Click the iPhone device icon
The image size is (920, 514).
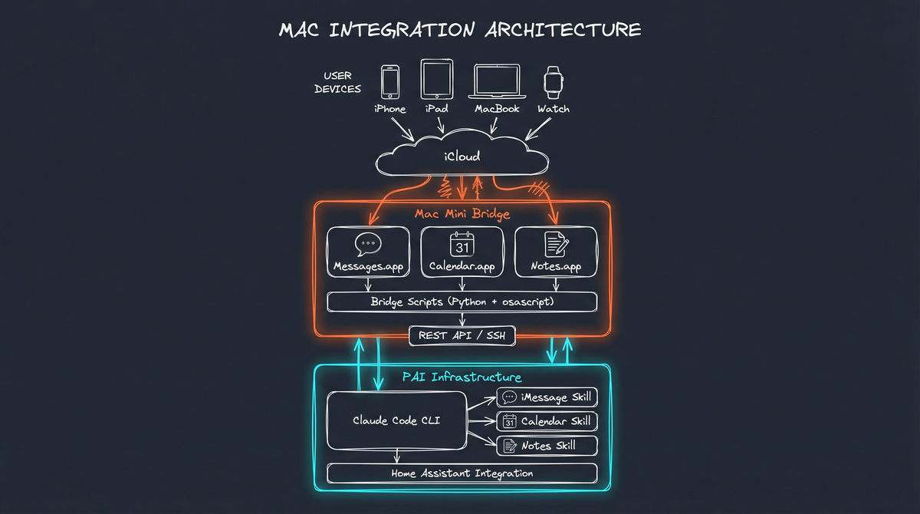pyautogui.click(x=390, y=81)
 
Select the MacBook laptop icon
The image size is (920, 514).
pyautogui.click(x=497, y=82)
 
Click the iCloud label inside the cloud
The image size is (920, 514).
pyautogui.click(x=462, y=157)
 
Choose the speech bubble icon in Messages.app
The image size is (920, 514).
pyautogui.click(x=368, y=244)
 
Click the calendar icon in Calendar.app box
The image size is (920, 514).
pyautogui.click(x=462, y=244)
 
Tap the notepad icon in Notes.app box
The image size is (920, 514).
pyautogui.click(x=556, y=244)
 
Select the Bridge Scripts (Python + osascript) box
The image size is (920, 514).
pyautogui.click(x=462, y=302)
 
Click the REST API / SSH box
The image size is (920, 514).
pyautogui.click(x=462, y=335)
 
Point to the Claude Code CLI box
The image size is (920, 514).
pyautogui.click(x=396, y=420)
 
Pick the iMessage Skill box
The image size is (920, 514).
pyautogui.click(x=547, y=397)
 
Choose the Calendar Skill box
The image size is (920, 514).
pyautogui.click(x=547, y=421)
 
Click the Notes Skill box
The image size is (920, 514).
pyautogui.click(x=547, y=446)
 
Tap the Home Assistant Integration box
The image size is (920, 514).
pyautogui.click(x=462, y=473)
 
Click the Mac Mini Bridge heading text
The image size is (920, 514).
pyautogui.click(x=462, y=213)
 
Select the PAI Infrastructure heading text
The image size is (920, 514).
pyautogui.click(x=462, y=377)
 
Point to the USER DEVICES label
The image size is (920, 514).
pyautogui.click(x=337, y=83)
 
